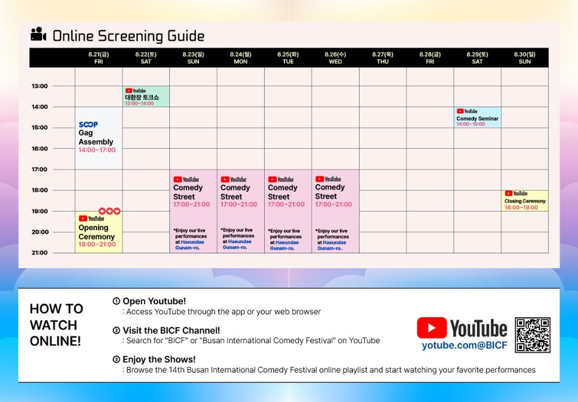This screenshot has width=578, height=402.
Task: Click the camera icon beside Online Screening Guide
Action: (38, 34)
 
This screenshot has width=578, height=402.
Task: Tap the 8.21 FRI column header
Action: (99, 58)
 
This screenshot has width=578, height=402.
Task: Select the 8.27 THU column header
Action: (383, 58)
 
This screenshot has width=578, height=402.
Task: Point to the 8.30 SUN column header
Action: (525, 58)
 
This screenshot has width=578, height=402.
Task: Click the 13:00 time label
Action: (39, 86)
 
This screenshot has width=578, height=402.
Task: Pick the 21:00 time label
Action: (39, 252)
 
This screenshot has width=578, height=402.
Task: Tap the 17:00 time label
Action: (39, 169)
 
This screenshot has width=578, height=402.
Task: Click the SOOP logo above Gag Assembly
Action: (88, 124)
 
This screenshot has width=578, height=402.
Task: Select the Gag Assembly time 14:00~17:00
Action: (97, 150)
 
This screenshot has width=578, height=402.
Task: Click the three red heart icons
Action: (110, 211)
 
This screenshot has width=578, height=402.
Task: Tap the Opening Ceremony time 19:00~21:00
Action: (97, 244)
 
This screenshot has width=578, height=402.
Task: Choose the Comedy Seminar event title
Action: (477, 118)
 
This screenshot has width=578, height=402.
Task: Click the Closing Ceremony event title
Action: (525, 201)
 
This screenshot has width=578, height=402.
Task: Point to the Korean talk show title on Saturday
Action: (142, 97)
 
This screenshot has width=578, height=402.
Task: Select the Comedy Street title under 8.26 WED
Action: (330, 192)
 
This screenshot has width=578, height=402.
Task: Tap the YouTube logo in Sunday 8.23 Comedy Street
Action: (186, 179)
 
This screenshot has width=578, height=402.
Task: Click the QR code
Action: (533, 335)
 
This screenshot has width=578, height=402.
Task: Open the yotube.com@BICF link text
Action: (464, 345)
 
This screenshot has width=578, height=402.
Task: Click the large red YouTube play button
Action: (432, 328)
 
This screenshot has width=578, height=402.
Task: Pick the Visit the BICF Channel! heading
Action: (171, 330)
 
